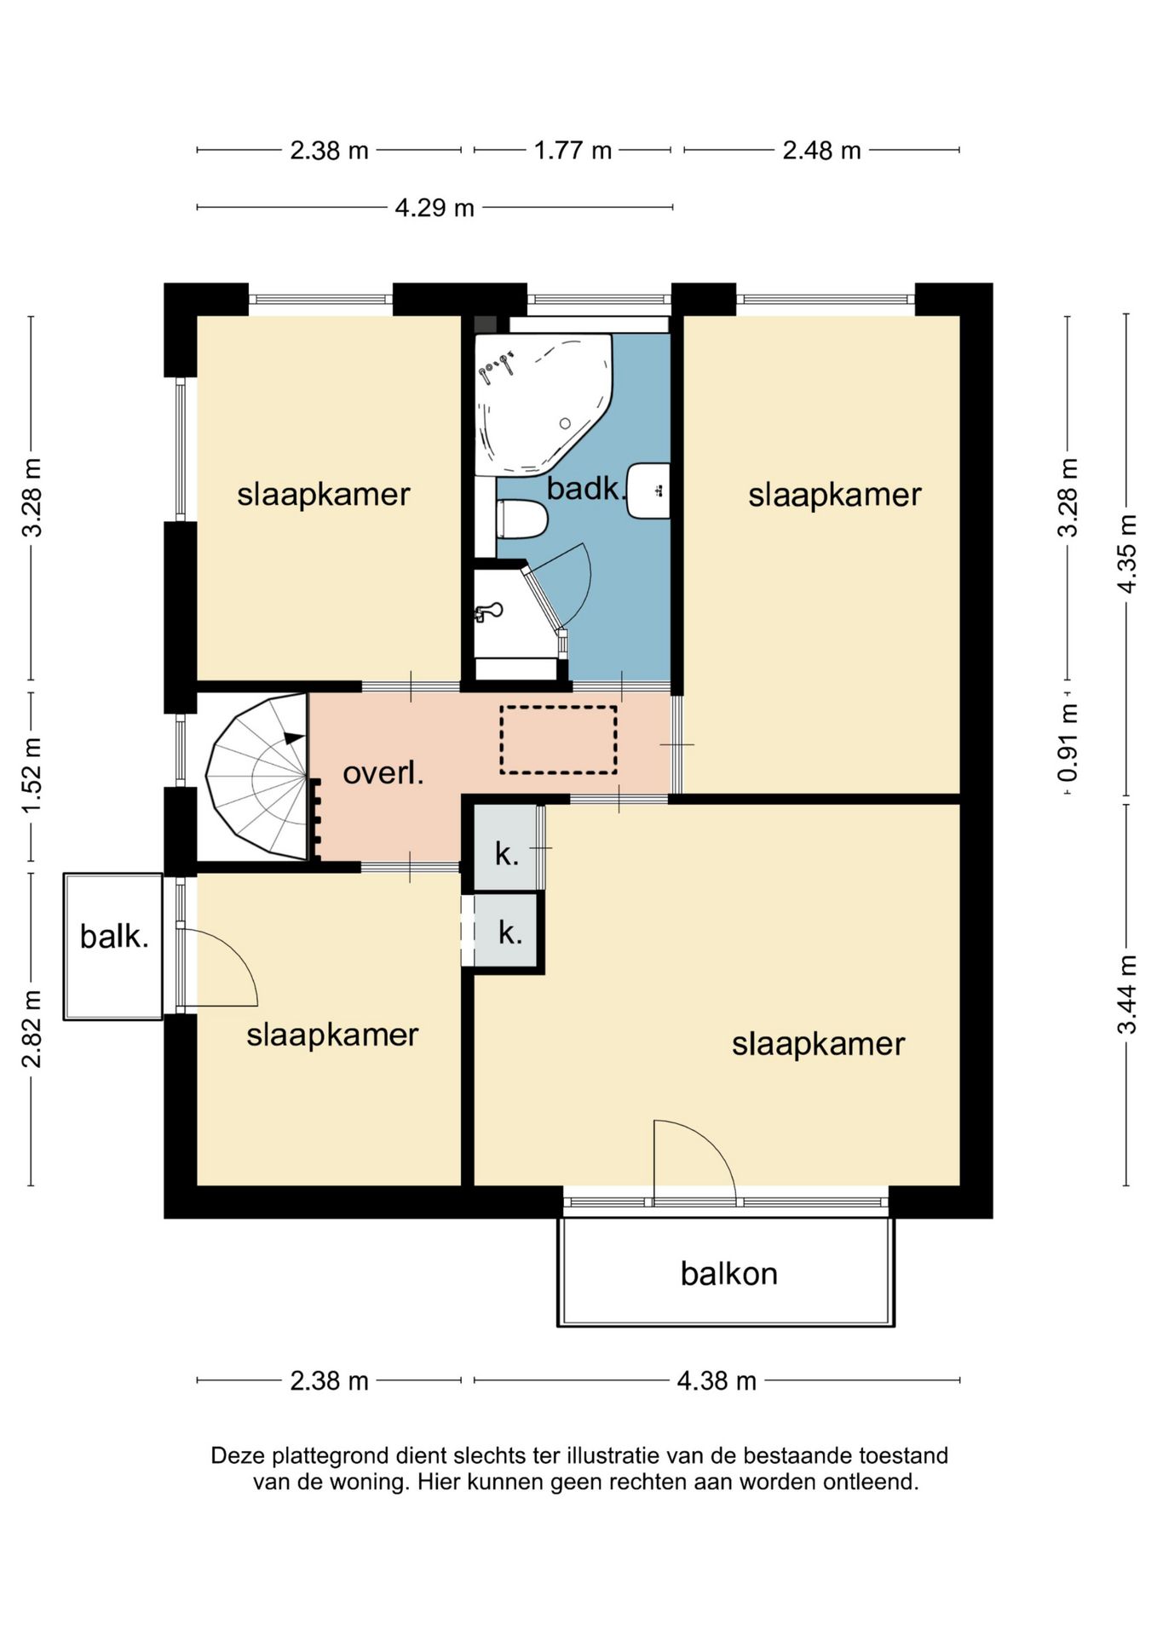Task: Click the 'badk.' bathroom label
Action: point(586,489)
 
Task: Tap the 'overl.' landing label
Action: point(383,773)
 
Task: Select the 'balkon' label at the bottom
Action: point(728,1273)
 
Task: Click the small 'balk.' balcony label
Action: point(114,937)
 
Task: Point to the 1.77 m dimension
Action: point(573,151)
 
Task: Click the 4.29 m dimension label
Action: point(435,208)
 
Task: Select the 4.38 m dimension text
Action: point(717,1380)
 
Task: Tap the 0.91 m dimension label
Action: point(1068,743)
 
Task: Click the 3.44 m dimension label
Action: point(1127,995)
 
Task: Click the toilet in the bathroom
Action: point(521,519)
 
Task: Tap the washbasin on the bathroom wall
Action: point(648,491)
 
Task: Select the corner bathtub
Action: point(543,404)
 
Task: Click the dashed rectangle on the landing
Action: point(558,740)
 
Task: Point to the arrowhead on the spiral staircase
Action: point(294,737)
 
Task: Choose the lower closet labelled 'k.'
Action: point(508,931)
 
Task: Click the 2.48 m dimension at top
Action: point(821,151)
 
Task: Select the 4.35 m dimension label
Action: point(1127,554)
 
